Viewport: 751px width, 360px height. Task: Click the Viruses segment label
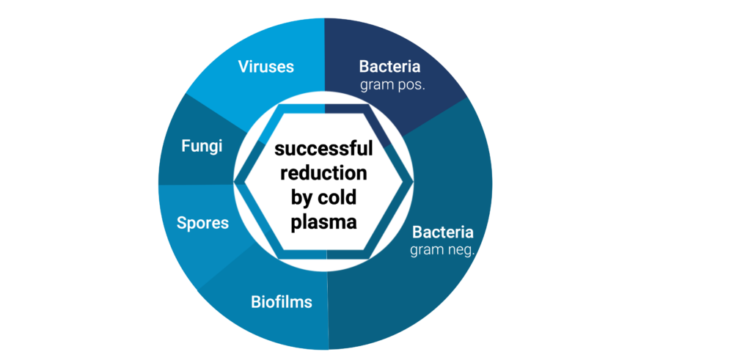265,67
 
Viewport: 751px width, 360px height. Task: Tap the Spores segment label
204,222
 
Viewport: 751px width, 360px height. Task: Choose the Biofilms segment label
282,301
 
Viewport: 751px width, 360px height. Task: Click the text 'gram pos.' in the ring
392,85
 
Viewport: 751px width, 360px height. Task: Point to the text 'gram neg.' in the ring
442,250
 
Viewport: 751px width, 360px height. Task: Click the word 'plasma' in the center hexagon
322,221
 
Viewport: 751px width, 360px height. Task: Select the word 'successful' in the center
323,150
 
